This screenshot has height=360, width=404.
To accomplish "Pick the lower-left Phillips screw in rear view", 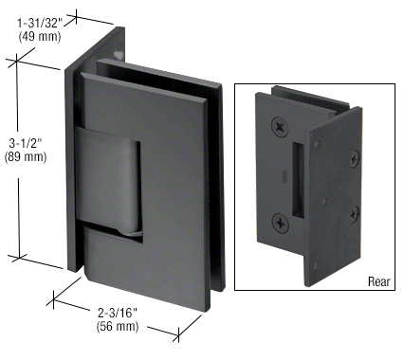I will click(x=282, y=223).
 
